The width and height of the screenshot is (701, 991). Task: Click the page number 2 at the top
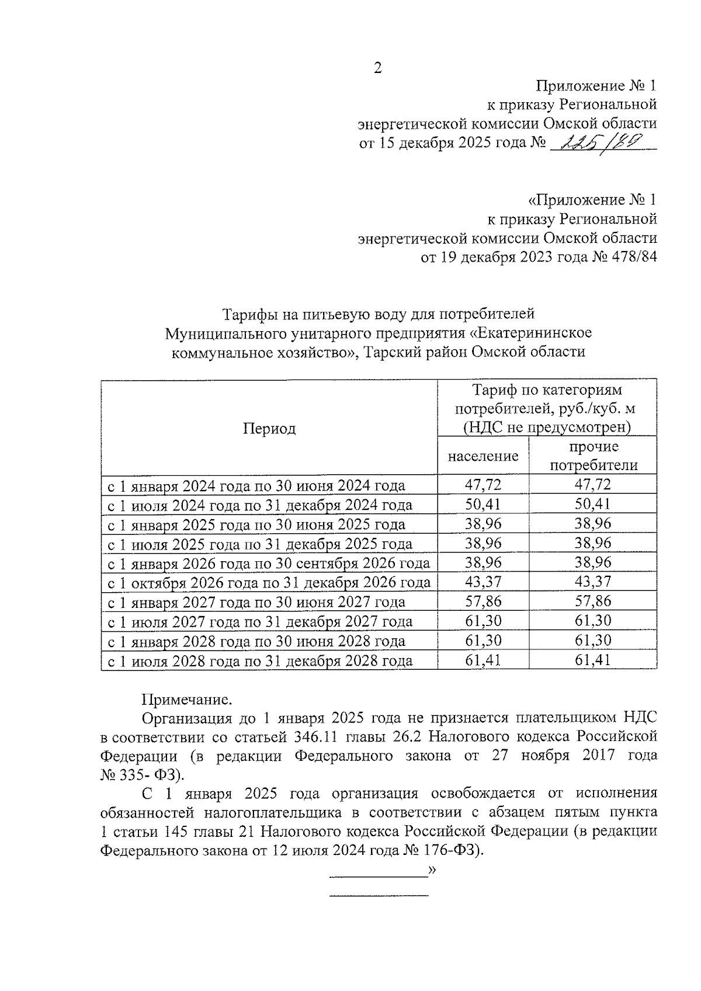click(377, 68)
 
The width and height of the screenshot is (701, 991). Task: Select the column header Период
click(269, 429)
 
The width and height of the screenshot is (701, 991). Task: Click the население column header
click(483, 456)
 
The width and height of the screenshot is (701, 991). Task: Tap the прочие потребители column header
click(594, 456)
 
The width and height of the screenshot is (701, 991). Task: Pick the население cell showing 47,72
click(483, 485)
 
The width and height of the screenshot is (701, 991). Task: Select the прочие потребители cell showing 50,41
click(593, 504)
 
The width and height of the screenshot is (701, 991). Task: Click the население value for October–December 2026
click(483, 582)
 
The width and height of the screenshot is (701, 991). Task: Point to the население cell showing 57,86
click(483, 601)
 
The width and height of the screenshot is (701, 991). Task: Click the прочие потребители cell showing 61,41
click(593, 660)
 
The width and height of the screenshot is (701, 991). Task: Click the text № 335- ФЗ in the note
click(143, 774)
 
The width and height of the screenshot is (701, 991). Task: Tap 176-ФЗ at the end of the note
click(452, 851)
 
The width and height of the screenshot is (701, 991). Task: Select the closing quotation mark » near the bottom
click(432, 870)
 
